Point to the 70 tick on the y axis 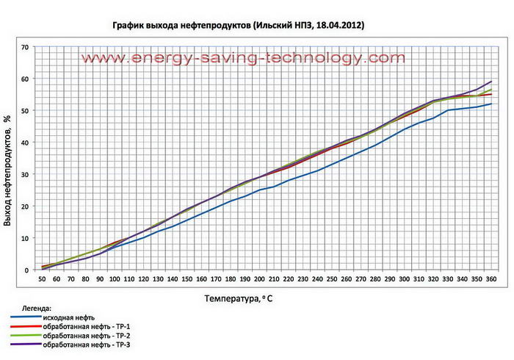[x=24, y=47]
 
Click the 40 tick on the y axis [x=24, y=143]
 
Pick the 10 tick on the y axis [x=24, y=238]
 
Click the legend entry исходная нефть [x=73, y=317]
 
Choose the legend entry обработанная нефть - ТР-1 [x=91, y=326]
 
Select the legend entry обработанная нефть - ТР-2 [x=91, y=335]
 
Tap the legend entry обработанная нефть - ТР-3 [x=91, y=344]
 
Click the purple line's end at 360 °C [x=491, y=82]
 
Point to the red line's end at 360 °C [x=491, y=94]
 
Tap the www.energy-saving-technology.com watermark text [x=242, y=58]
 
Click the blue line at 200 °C [x=259, y=190]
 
